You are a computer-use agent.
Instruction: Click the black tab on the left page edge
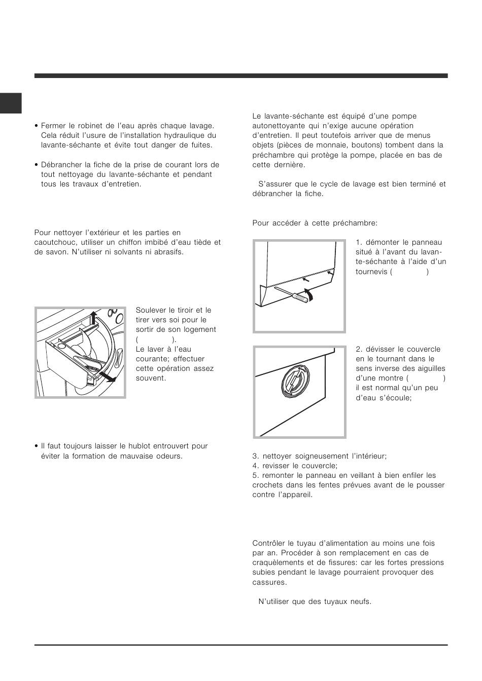(x=11, y=103)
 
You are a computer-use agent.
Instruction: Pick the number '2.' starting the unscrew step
(x=359, y=349)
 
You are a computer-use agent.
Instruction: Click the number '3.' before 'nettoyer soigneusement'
(x=256, y=456)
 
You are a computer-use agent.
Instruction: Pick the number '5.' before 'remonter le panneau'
(x=256, y=475)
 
